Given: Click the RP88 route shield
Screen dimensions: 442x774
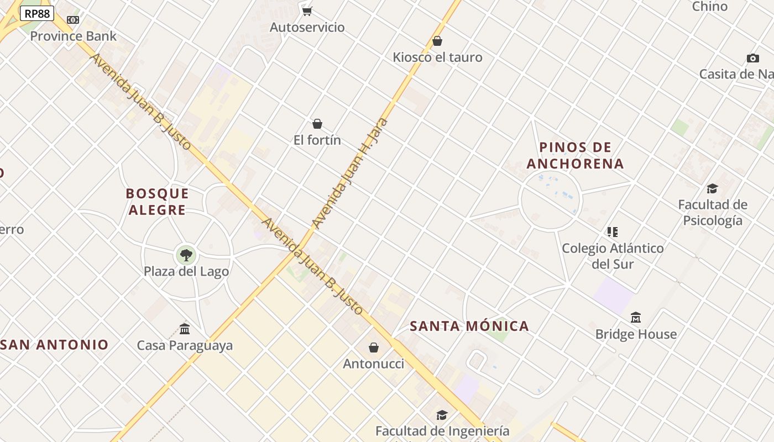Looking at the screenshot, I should (x=37, y=13).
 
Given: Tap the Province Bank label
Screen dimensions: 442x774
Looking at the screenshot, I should (x=73, y=36).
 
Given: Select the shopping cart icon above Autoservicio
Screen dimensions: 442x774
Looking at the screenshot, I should (x=307, y=11).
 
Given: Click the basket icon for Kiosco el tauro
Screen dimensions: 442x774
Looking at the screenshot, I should (x=437, y=41).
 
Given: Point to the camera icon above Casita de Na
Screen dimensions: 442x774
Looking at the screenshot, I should (x=752, y=58).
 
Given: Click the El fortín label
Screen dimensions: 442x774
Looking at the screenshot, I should (x=317, y=140).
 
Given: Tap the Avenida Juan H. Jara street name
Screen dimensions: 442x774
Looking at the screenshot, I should (x=349, y=173).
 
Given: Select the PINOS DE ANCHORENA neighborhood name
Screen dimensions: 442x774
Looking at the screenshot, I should (x=575, y=155).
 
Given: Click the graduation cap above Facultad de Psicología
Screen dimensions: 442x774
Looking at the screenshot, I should (x=712, y=188).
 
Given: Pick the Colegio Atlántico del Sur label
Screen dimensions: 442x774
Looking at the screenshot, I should (x=613, y=256).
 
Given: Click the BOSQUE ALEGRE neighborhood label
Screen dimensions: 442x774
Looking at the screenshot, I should (x=157, y=202).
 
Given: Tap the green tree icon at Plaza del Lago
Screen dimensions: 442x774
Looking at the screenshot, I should (x=186, y=255).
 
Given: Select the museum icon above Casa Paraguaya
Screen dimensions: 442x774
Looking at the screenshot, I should (x=185, y=329).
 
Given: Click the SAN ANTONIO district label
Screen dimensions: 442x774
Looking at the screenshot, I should (x=55, y=345).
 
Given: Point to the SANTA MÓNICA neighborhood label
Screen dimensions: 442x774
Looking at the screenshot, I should (x=469, y=326).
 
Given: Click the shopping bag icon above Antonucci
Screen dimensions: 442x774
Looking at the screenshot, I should (x=374, y=348).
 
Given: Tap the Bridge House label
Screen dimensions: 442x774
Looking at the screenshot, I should (x=636, y=334).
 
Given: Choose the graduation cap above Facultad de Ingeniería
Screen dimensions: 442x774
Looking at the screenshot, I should (x=442, y=415).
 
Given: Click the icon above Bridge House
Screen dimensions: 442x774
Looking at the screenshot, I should (x=636, y=318).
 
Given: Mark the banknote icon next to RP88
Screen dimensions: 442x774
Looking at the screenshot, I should (x=73, y=20).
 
